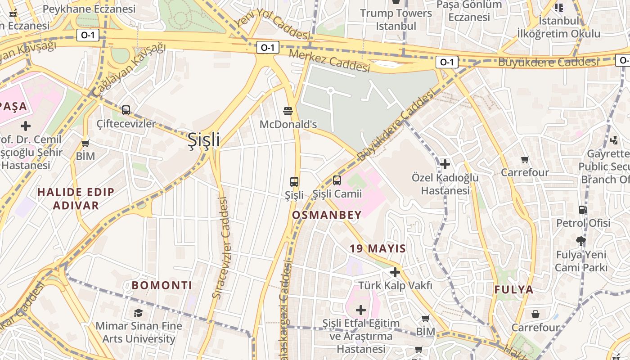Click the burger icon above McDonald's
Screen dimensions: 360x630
point(288,111)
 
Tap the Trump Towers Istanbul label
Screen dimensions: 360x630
point(396,19)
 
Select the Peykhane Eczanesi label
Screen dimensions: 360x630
point(89,9)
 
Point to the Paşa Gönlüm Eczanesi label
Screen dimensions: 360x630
point(469,11)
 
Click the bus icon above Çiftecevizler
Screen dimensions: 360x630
point(126,110)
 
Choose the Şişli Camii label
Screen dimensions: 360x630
point(337,194)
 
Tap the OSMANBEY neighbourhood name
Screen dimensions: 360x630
point(327,215)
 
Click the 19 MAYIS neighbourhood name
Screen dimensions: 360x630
point(378,248)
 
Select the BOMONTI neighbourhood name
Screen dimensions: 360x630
point(162,285)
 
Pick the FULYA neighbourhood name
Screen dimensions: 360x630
point(514,290)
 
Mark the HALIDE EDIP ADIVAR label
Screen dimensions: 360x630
point(76,199)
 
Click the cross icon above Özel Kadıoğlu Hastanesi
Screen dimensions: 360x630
point(445,164)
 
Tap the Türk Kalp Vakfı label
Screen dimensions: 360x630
point(395,285)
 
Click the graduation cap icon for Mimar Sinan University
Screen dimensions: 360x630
point(138,312)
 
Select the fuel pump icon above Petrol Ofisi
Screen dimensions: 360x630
point(583,210)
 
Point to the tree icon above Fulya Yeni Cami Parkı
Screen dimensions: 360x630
point(581,241)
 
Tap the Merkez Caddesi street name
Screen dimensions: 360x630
point(329,60)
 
